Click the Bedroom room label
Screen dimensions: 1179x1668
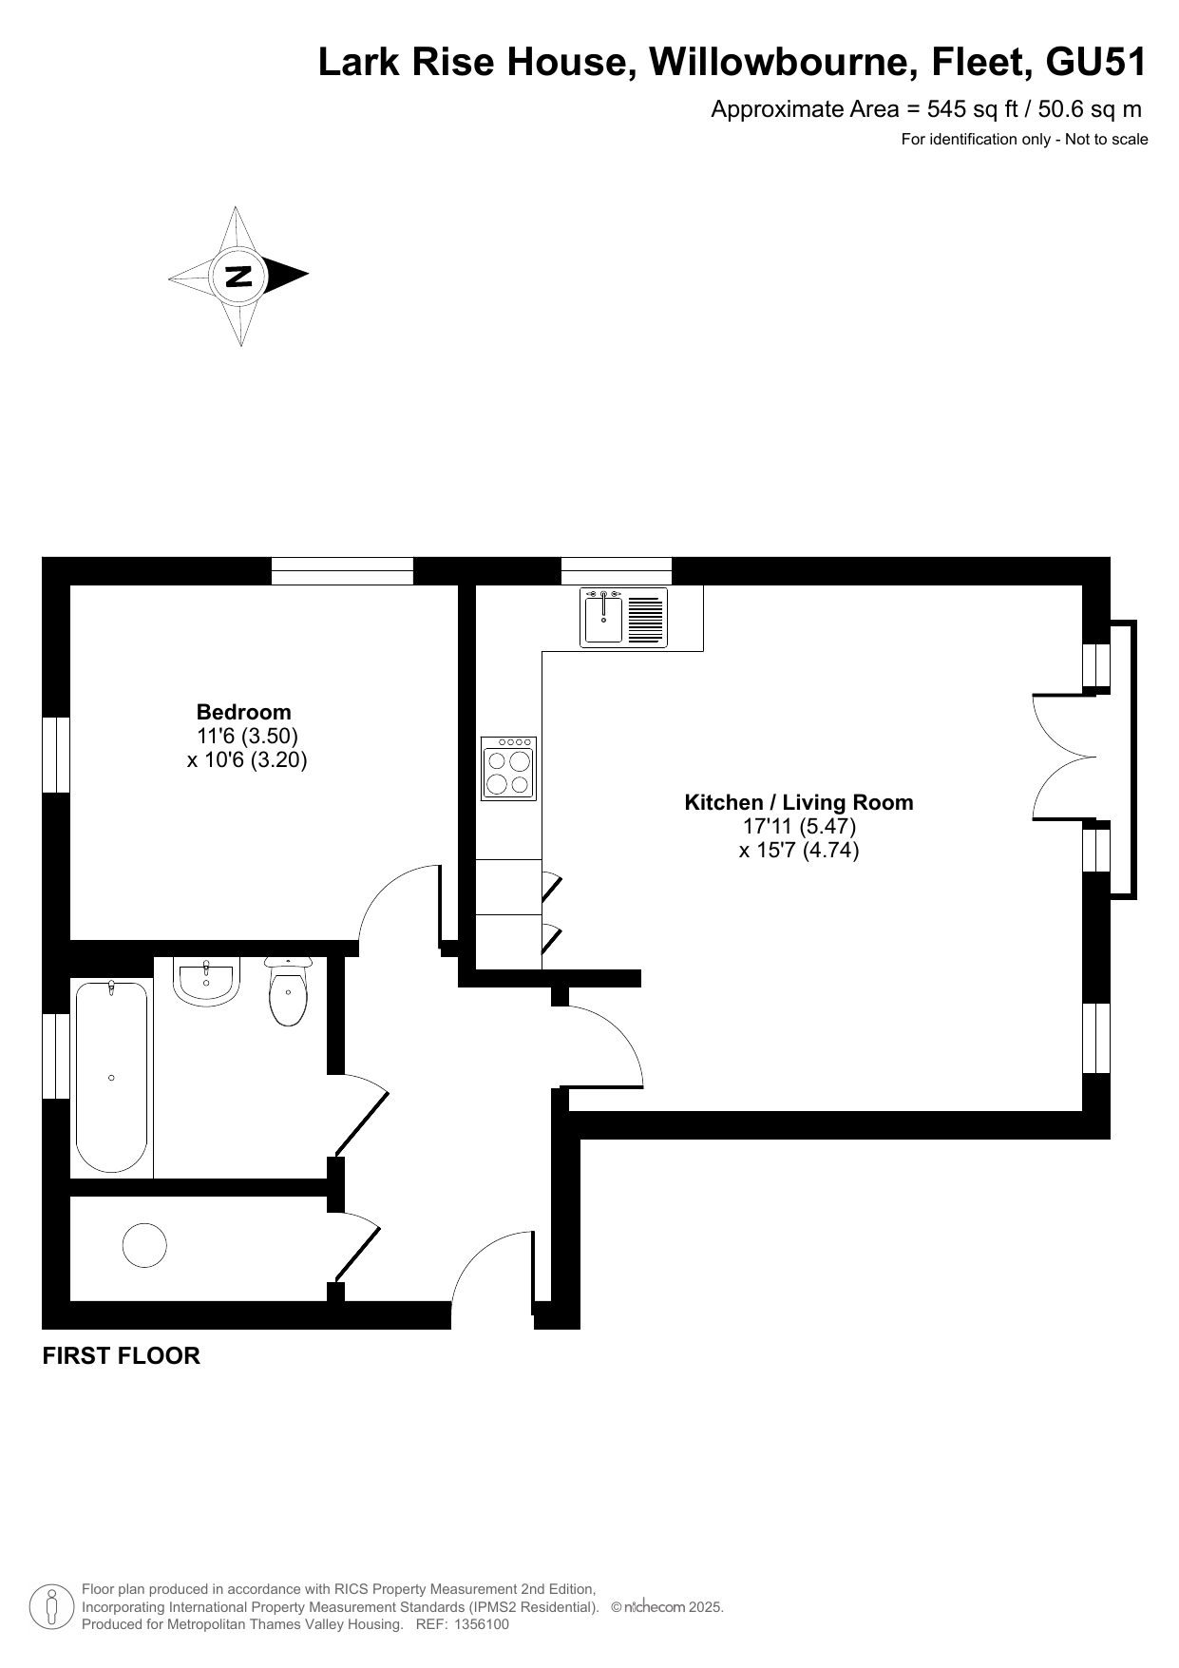click(x=243, y=712)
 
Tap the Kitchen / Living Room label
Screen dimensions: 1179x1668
click(x=799, y=802)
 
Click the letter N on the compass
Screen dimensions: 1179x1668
click(x=238, y=276)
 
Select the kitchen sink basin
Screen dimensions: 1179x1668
click(x=603, y=617)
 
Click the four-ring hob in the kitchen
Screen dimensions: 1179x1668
click(x=508, y=768)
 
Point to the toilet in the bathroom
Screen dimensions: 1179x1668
click(x=289, y=991)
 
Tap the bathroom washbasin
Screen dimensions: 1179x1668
click(x=207, y=981)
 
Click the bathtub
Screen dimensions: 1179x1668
click(x=112, y=1077)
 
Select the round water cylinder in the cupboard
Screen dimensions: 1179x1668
click(x=144, y=1244)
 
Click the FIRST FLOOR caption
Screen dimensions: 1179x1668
click(x=122, y=1356)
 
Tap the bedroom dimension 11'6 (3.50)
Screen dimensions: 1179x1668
click(x=248, y=736)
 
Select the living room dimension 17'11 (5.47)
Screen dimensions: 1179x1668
click(x=800, y=826)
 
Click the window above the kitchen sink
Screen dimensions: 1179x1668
click(x=616, y=571)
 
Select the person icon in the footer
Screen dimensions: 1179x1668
click(x=52, y=1606)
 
